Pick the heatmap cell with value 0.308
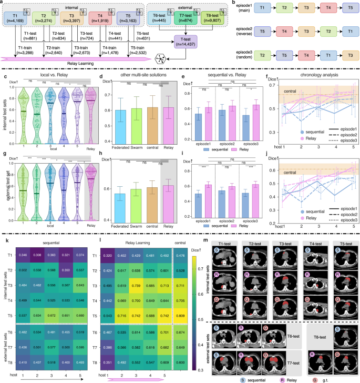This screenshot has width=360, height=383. click(x=37, y=254)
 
